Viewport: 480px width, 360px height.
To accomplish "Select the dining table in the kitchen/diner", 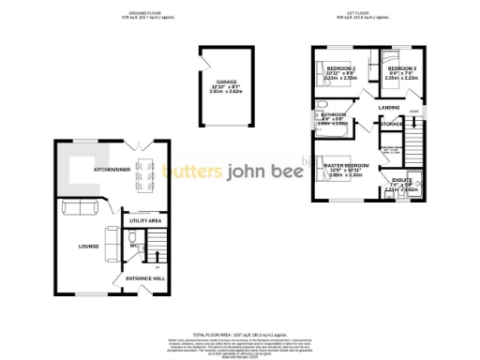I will click(x=144, y=172).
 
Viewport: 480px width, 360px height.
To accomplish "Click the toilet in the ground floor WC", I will click(x=133, y=237).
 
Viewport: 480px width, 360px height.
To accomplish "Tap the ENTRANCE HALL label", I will click(x=136, y=278).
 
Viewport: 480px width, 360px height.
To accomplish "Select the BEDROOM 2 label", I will click(x=340, y=68).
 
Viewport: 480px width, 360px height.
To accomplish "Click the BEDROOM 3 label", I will click(x=401, y=68).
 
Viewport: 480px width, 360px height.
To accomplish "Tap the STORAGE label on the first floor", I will click(x=392, y=124).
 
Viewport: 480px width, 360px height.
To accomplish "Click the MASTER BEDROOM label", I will click(x=347, y=165).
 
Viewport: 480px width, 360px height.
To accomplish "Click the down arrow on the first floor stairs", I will click(x=413, y=113).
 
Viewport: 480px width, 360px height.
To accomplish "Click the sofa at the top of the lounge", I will click(x=74, y=207).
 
